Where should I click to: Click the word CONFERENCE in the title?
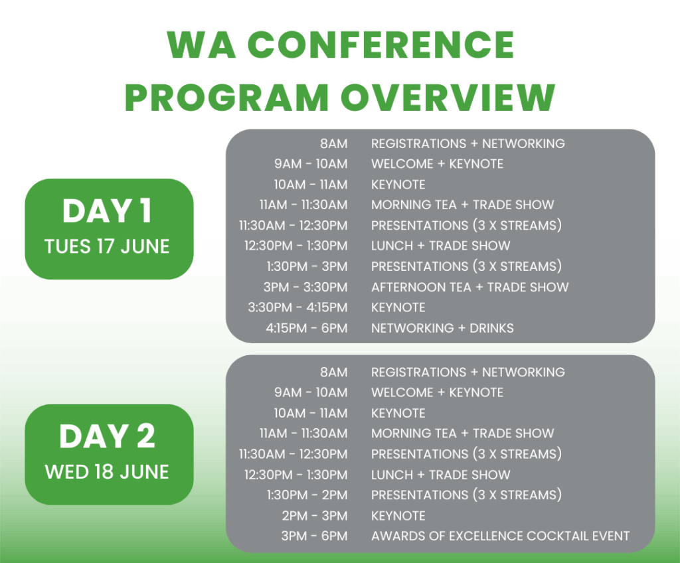381,44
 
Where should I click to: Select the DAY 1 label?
107,211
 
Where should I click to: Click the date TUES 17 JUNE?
107,246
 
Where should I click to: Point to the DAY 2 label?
107,436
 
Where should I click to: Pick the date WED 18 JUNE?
107,472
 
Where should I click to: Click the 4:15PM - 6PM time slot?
307,328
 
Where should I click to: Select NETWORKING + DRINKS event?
442,328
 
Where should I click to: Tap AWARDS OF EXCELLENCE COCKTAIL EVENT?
501,536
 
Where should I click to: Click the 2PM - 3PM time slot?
314,516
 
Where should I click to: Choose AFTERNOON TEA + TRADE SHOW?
469,287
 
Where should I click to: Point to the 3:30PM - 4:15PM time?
297,307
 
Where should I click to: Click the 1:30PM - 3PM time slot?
307,266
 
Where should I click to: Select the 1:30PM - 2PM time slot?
307,495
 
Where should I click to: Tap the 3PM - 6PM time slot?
314,536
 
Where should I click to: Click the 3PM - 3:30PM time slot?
305,287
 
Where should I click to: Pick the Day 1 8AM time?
334,143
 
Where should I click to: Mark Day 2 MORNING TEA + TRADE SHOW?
463,434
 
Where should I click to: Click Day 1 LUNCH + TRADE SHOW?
441,246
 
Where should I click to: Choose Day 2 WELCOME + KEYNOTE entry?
437,392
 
